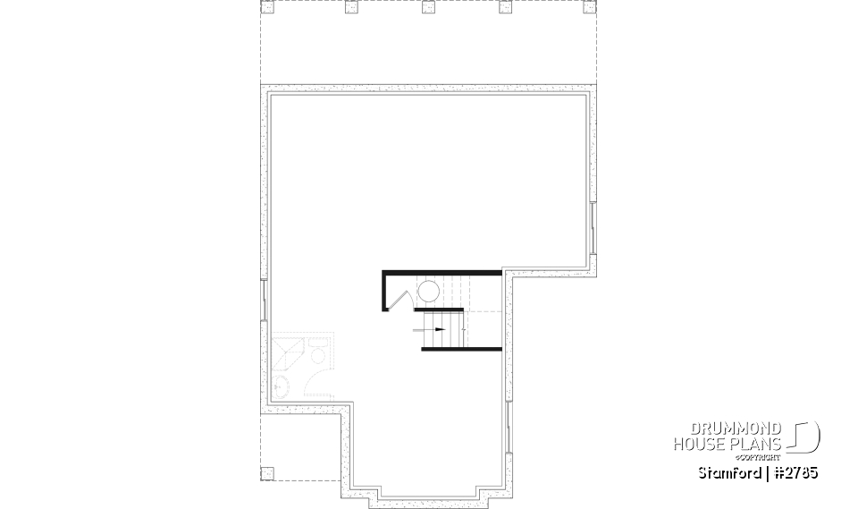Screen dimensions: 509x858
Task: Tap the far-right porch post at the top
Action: pos(586,8)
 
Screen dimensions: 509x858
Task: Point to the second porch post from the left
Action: pos(349,8)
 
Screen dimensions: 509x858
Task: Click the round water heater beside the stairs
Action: pos(428,292)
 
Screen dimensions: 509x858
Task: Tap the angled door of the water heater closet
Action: pos(400,299)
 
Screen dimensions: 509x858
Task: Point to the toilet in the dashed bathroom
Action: pos(317,352)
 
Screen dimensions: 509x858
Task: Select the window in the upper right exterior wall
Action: pos(593,227)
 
